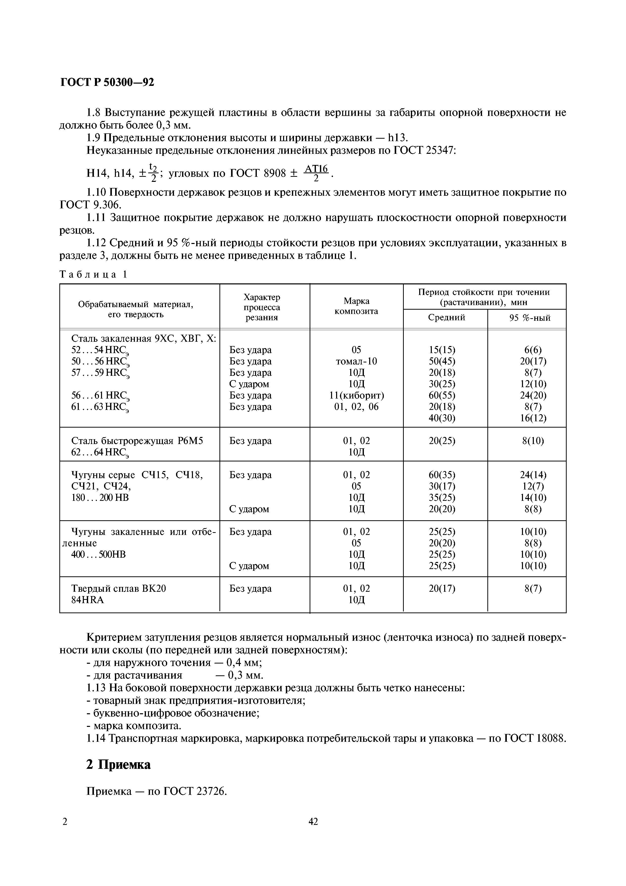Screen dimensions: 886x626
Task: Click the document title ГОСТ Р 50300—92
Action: tap(107, 82)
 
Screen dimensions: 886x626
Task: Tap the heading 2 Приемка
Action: tap(118, 765)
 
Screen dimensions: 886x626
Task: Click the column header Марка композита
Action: tap(356, 306)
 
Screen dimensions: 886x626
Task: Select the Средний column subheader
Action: tap(446, 317)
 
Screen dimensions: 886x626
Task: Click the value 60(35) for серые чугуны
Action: tap(442, 475)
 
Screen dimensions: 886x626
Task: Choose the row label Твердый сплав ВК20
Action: tap(119, 588)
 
